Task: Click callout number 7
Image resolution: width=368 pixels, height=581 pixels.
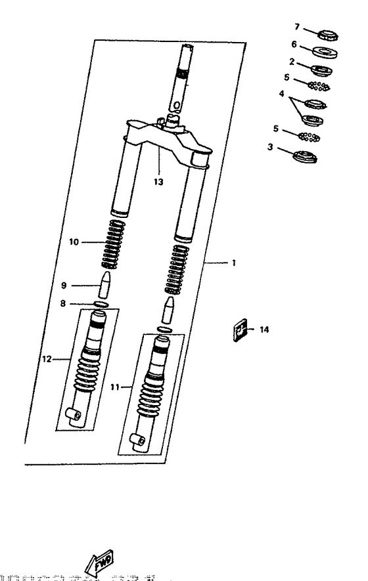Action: tap(296, 27)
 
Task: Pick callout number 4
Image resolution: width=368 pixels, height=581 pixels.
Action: tap(282, 94)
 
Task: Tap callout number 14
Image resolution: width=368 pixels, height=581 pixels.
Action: tap(264, 330)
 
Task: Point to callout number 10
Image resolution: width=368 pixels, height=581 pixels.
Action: tap(74, 242)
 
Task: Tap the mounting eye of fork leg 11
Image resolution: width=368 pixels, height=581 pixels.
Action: tap(138, 440)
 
